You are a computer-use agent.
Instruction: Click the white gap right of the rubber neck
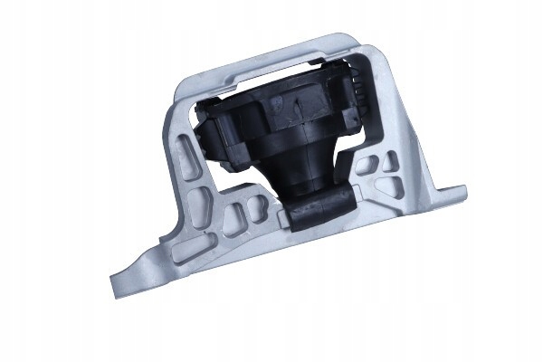(x=340, y=172)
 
